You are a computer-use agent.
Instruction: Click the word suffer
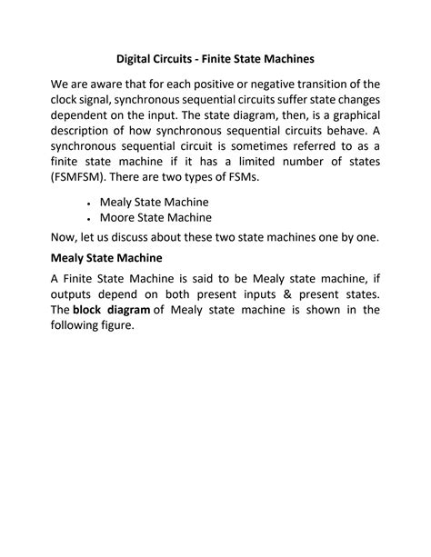point(285,102)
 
